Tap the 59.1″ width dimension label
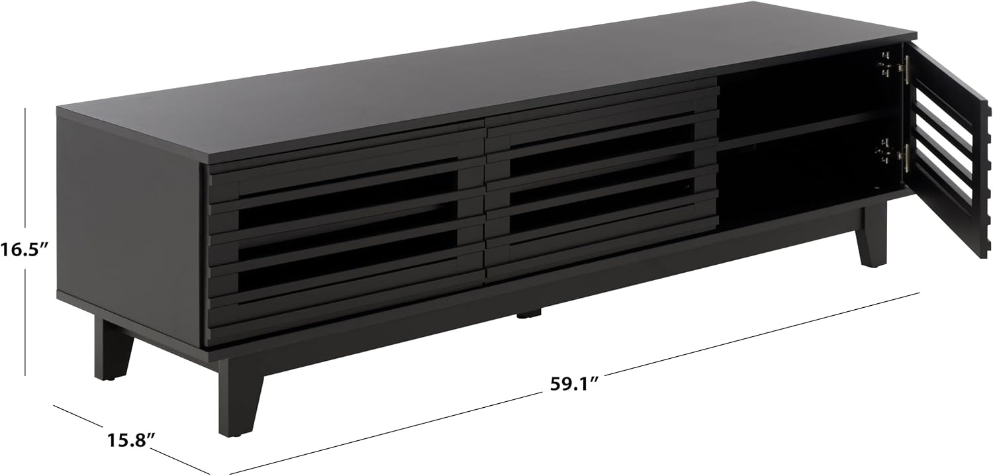click(x=575, y=383)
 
